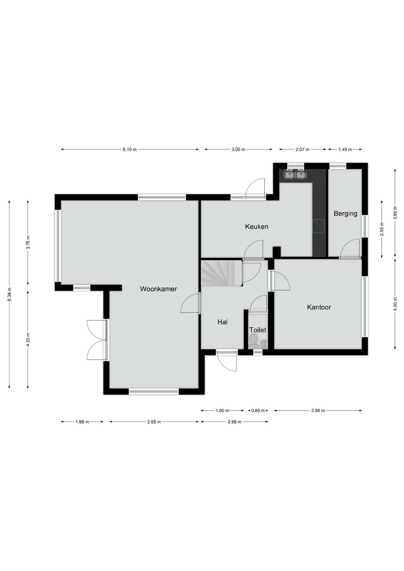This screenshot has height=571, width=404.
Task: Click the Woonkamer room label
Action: [x=158, y=289]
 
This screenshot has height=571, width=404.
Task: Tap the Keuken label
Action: [x=256, y=226]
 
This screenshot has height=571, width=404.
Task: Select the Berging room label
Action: [x=345, y=213]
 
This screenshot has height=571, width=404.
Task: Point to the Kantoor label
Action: [x=319, y=307]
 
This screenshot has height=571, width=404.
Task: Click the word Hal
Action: [x=222, y=322]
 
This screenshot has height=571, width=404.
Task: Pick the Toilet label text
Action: [x=258, y=330]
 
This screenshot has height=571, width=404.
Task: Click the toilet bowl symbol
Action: [x=253, y=340]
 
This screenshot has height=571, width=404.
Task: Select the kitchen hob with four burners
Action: [x=319, y=226]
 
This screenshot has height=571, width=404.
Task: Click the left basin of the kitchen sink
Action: [x=290, y=174]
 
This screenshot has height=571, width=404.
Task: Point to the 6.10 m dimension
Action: [x=129, y=150]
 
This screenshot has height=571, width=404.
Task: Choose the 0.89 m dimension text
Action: [x=258, y=410]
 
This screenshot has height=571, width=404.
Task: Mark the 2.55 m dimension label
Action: [x=382, y=229]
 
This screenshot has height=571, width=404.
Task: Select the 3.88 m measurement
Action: [x=318, y=410]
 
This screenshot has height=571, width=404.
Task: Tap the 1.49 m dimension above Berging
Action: [x=345, y=150]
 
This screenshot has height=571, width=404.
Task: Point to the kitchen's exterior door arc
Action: [x=256, y=187]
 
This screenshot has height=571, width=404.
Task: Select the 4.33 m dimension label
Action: [x=28, y=339]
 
